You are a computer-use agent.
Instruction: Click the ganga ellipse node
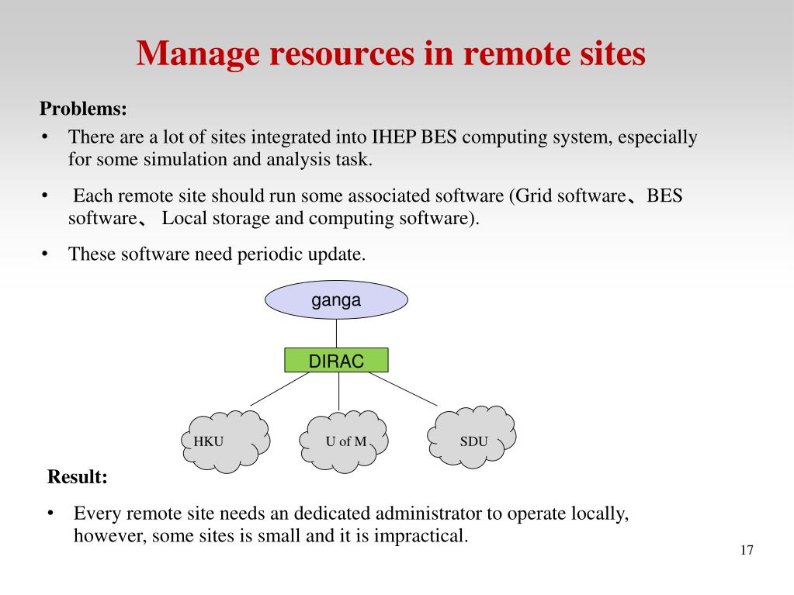(x=336, y=300)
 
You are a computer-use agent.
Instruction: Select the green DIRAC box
(x=336, y=360)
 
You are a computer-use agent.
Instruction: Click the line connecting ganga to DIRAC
(x=336, y=334)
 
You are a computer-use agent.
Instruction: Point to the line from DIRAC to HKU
(x=279, y=389)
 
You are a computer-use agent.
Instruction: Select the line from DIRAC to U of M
(x=338, y=392)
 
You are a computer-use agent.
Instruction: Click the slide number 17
(x=747, y=551)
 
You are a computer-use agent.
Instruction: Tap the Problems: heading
(x=83, y=109)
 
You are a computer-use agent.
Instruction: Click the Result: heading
(x=78, y=476)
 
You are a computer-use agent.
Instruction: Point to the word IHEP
(x=395, y=137)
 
